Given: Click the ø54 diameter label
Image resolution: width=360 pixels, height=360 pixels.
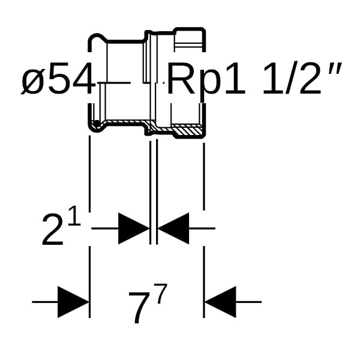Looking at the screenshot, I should click(58, 80).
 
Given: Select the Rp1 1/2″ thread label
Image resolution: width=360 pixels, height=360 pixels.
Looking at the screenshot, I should click(254, 80).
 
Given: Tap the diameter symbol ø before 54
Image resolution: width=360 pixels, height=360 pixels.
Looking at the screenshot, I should click(34, 82).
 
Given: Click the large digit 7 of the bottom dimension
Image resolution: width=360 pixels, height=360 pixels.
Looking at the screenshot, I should click(138, 307).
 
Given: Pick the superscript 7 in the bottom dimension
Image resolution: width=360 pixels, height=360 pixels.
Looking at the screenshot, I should click(159, 295).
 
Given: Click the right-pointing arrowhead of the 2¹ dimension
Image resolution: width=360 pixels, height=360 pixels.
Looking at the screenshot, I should click(133, 228).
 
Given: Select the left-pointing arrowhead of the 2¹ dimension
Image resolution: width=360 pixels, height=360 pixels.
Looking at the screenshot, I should click(173, 228).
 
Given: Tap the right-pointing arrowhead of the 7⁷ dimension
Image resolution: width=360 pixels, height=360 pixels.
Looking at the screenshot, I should click(73, 302).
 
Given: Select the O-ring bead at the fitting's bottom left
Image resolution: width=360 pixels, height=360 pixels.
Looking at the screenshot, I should click(95, 125).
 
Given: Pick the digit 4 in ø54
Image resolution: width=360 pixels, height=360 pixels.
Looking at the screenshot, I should click(83, 80).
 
